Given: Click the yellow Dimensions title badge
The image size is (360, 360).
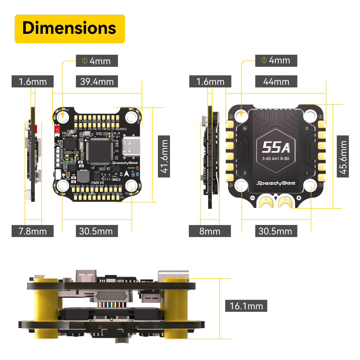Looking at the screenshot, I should [70, 29].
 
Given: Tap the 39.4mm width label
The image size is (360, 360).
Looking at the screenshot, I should [97, 82].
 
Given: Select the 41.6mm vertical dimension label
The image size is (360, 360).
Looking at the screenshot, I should [164, 156].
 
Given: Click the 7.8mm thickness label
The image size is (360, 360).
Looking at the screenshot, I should [33, 231].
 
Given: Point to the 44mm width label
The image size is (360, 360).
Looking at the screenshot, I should [276, 82].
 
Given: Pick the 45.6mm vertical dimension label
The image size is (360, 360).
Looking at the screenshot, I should [343, 156].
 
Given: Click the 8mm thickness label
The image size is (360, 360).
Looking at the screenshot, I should [210, 231].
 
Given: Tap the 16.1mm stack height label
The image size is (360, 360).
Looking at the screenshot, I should [246, 306].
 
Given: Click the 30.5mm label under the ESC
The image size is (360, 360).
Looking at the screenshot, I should [276, 231].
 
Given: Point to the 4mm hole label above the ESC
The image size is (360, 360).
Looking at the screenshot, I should [276, 61].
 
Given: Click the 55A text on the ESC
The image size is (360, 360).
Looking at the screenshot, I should [276, 147].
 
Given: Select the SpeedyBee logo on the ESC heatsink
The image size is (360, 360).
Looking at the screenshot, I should [276, 183].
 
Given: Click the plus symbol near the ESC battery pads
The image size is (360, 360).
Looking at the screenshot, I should [299, 198].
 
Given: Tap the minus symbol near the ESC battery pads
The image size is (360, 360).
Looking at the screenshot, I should [252, 198].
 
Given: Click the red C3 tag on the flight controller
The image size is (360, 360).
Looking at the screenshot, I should [57, 130].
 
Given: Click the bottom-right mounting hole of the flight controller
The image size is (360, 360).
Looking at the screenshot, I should [131, 186].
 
